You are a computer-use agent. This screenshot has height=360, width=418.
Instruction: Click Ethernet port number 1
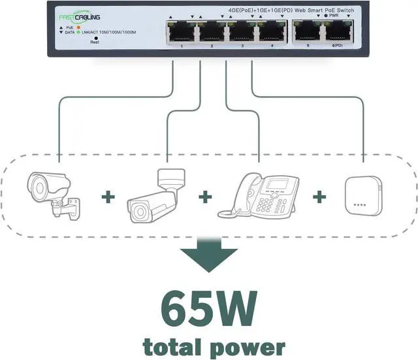(178, 31)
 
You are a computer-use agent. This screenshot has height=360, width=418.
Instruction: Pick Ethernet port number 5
(306, 31)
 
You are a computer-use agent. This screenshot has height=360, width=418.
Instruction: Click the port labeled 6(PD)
(338, 31)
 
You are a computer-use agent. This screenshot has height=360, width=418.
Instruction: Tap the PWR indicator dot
(325, 14)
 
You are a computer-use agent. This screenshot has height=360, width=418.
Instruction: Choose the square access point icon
(362, 195)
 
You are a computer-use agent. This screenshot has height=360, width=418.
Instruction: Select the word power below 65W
(251, 346)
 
